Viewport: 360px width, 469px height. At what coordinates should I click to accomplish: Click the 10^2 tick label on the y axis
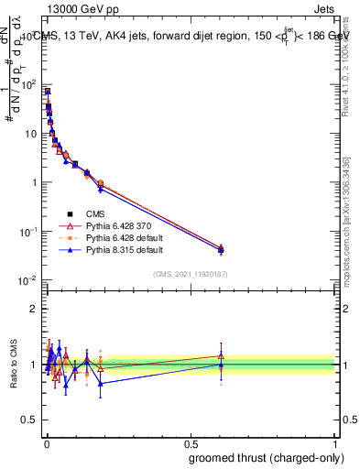[27, 84]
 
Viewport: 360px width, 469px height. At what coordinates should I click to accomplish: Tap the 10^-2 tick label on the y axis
[27, 280]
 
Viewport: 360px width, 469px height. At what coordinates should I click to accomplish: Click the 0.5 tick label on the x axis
[190, 442]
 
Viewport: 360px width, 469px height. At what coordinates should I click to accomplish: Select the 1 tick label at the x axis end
[335, 442]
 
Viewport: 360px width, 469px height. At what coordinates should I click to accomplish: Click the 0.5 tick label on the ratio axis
[29, 421]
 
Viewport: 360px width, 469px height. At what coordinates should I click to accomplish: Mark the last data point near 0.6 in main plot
[221, 248]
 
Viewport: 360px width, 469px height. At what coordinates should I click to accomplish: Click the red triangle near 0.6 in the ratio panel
[221, 355]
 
